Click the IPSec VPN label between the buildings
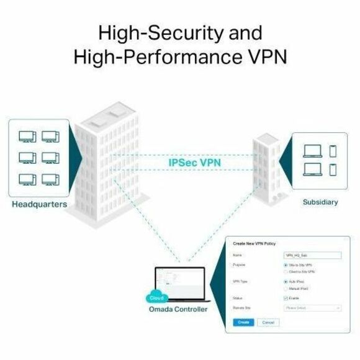pyautogui.click(x=195, y=163)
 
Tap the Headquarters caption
pyautogui.click(x=40, y=205)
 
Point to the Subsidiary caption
pyautogui.click(x=320, y=202)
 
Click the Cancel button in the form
pyautogui.click(x=268, y=323)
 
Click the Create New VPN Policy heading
pyautogui.click(x=254, y=243)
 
